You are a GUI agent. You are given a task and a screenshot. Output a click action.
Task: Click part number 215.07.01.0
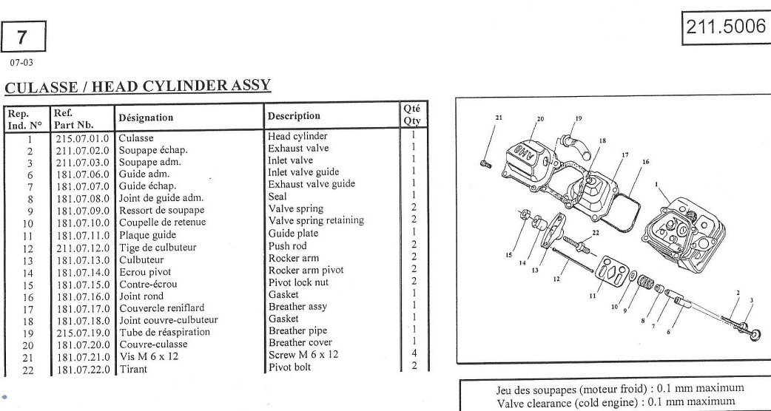tap(81, 137)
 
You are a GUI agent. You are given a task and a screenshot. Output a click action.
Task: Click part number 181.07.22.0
tap(81, 367)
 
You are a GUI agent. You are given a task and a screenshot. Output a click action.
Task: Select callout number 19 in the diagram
tap(578, 118)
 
